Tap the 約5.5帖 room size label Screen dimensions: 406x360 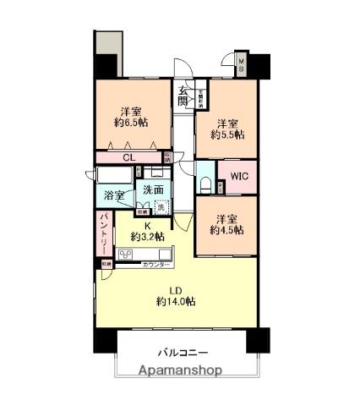227,134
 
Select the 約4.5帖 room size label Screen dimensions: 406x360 227,228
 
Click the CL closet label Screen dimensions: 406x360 128,156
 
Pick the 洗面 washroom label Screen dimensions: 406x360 152,189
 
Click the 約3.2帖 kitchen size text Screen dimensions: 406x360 146,237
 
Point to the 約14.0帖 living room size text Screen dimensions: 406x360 176,301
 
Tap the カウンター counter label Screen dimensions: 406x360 157,266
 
